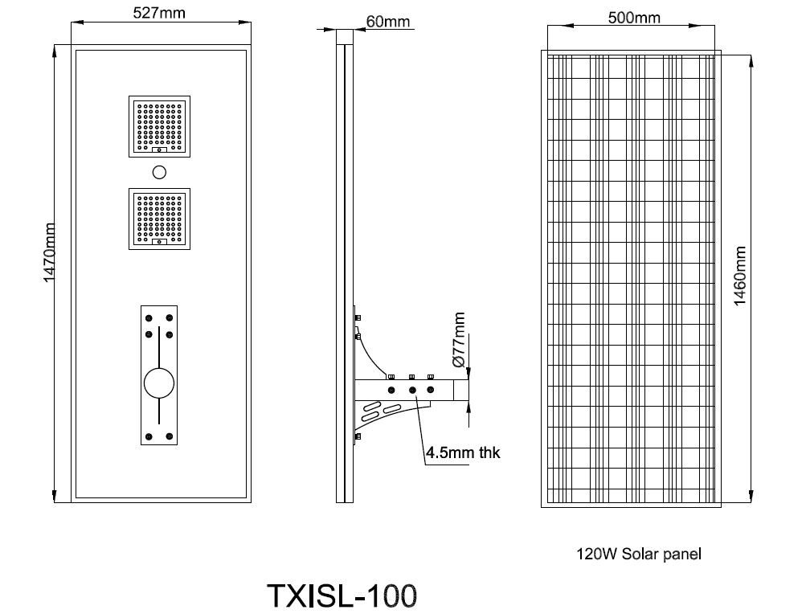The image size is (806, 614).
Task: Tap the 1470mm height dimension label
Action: click(x=49, y=252)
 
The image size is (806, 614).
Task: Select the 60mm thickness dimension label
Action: click(x=387, y=22)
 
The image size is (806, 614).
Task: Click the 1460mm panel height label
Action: click(x=740, y=275)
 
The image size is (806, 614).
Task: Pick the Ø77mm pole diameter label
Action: click(x=460, y=341)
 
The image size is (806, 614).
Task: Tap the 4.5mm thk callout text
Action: click(x=463, y=452)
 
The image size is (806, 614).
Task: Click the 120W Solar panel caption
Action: click(x=638, y=554)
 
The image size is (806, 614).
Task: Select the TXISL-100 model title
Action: click(x=342, y=596)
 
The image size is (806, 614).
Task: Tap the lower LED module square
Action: click(x=159, y=217)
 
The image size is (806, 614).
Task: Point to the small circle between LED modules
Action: click(x=159, y=171)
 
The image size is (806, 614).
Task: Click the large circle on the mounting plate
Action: click(x=159, y=383)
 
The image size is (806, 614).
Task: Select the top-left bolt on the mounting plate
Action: click(x=149, y=318)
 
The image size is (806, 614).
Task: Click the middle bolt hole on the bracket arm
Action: click(x=412, y=391)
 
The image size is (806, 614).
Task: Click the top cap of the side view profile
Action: click(x=344, y=36)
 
